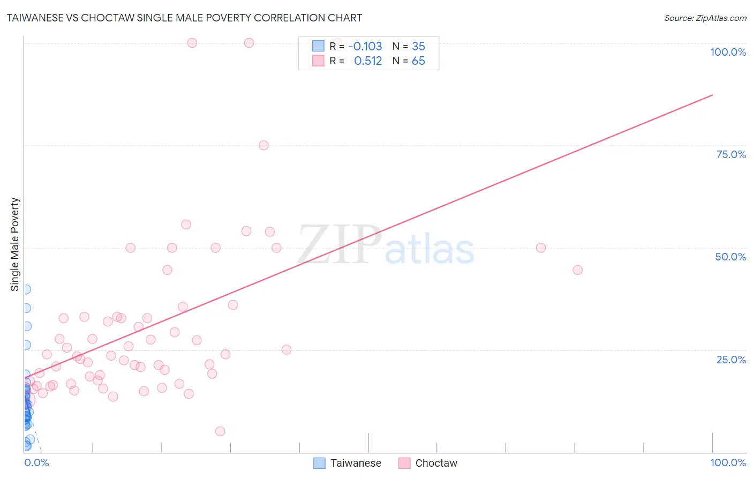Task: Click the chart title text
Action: click(184, 18)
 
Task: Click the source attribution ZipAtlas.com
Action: click(705, 18)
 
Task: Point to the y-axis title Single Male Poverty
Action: click(15, 244)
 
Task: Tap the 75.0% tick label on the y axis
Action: click(731, 154)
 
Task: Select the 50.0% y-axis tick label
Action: click(731, 257)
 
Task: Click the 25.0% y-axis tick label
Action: click(731, 360)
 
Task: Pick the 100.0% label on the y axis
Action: click(728, 52)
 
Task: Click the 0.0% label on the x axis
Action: click(36, 462)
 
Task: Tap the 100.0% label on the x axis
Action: click(728, 462)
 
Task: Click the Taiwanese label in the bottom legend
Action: click(356, 463)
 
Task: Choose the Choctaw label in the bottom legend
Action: click(436, 463)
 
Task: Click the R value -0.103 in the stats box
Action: click(365, 47)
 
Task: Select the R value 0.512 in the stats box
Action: click(368, 61)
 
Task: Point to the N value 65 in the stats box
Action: click(418, 61)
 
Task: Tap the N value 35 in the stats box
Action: click(418, 47)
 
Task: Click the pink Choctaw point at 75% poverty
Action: click(263, 145)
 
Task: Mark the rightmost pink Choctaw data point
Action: click(577, 270)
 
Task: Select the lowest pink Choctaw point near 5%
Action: click(220, 431)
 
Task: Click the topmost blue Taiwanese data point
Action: click(26, 289)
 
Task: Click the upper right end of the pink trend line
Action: click(712, 95)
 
